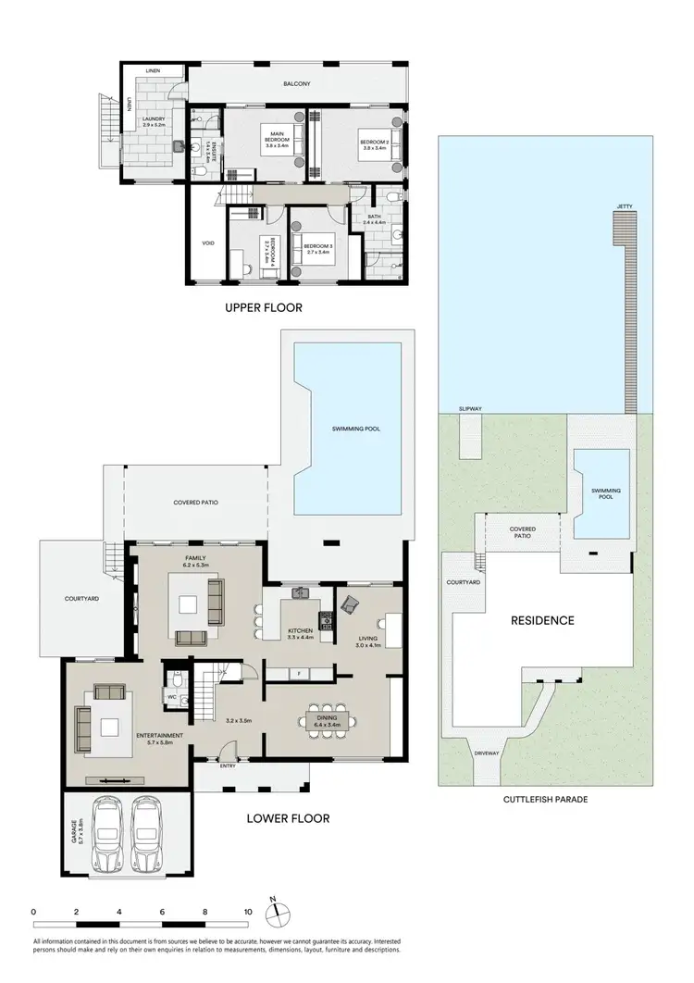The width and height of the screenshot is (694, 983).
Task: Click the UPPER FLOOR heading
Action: [x=264, y=307]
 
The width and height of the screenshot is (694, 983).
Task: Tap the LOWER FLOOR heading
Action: [x=288, y=818]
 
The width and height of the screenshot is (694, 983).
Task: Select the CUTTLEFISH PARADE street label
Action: [x=545, y=799]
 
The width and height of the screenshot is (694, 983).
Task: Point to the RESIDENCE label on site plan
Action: [x=543, y=620]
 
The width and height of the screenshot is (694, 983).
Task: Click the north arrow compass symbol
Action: [x=275, y=913]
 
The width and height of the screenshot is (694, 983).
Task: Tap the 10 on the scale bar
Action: [x=247, y=912]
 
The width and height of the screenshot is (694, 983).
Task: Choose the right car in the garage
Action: [x=151, y=835]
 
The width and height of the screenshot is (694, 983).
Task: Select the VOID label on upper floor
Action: [x=208, y=243]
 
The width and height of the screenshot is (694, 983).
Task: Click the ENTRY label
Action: [x=228, y=765]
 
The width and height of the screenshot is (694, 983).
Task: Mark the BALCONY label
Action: [x=298, y=84]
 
